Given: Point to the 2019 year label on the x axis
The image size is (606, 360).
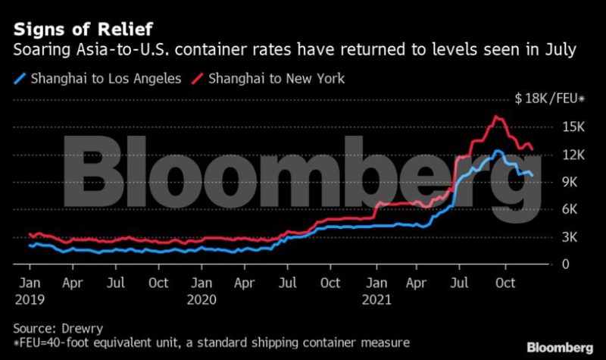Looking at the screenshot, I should (30, 299).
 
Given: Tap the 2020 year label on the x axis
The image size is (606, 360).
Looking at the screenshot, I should (202, 299).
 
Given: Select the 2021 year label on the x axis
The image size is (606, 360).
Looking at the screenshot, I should (376, 299).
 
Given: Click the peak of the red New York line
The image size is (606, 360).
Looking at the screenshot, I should (497, 117).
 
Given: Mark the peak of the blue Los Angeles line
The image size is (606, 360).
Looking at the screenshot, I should (497, 151).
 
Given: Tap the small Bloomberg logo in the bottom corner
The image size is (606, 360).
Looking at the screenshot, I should (560, 347).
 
